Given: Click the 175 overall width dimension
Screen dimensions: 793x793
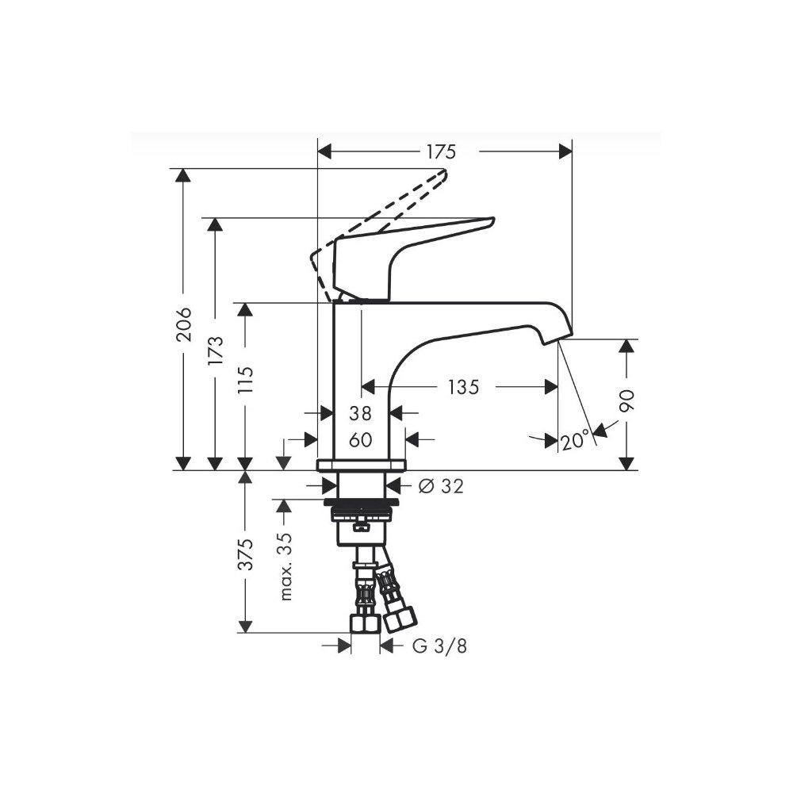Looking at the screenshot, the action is [441, 151].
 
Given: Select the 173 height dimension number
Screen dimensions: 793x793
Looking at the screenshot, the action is [216, 350].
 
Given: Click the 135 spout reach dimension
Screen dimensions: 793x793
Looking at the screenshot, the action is [463, 388].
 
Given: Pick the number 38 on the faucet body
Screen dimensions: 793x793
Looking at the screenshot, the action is [361, 414].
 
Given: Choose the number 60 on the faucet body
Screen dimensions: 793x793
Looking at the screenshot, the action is [361, 440].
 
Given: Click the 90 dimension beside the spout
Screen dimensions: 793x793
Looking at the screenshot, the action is [627, 400].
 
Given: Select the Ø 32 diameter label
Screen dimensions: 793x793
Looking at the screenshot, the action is [441, 487].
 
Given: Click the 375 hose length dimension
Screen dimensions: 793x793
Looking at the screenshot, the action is [246, 554].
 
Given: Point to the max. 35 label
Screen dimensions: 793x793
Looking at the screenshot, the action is [286, 566].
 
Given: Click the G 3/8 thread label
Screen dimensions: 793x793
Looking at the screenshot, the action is [439, 646].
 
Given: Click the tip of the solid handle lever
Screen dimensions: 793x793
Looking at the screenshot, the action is [492, 220].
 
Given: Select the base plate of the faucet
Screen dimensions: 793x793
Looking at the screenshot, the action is [361, 465].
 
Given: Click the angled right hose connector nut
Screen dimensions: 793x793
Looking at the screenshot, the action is [400, 620].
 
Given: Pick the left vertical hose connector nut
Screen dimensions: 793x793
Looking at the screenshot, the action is [365, 623].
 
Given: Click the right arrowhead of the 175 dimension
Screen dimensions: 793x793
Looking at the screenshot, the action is [565, 151].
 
